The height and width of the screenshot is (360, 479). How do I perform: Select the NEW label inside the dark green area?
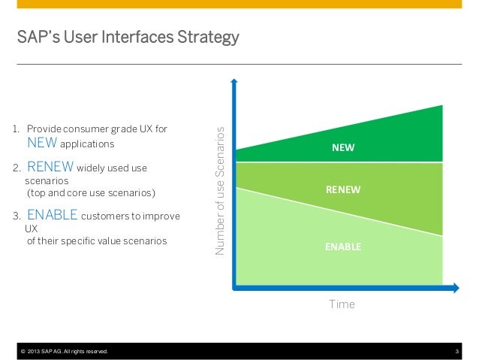(x=343, y=149)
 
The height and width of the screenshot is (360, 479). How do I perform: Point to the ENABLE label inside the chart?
(x=343, y=246)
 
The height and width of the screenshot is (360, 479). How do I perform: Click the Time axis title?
(x=342, y=304)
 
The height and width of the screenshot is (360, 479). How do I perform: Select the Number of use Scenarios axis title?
(x=220, y=189)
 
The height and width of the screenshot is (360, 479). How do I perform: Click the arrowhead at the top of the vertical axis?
(x=236, y=83)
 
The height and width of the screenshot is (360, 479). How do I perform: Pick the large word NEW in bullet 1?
(x=41, y=143)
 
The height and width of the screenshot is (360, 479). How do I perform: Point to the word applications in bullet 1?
(x=87, y=144)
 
